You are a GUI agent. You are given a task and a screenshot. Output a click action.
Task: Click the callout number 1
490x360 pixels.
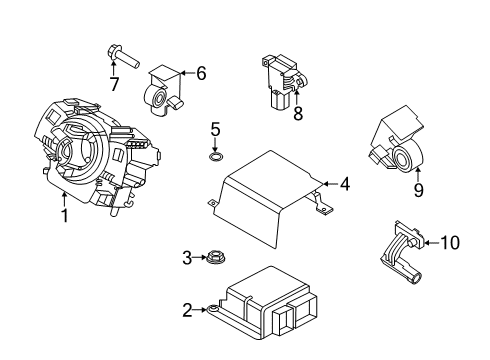(x=64, y=215)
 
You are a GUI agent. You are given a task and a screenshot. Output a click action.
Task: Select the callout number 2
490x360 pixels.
(x=187, y=311)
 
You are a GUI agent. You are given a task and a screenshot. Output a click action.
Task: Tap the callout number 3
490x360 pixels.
(x=187, y=259)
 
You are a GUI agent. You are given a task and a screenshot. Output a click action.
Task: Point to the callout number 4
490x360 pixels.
(x=344, y=184)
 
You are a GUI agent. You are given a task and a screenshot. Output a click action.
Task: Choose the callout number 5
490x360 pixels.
(x=215, y=129)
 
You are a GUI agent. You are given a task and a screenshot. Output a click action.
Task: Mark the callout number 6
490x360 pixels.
(x=200, y=72)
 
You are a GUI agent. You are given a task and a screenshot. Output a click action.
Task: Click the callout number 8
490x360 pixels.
(x=296, y=114)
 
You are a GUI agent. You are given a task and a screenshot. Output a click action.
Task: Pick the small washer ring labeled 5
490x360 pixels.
(x=215, y=156)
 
